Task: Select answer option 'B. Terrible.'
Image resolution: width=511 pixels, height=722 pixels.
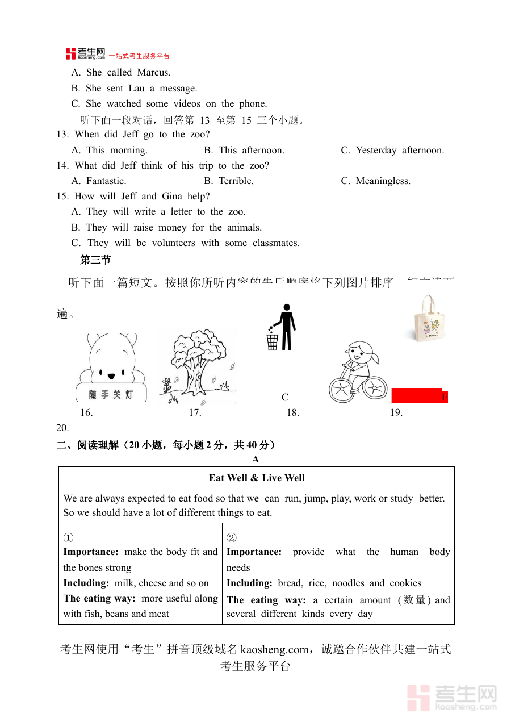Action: [x=228, y=181]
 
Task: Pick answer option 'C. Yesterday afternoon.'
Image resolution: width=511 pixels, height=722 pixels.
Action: [x=392, y=150]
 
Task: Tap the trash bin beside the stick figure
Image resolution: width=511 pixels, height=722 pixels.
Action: [x=273, y=341]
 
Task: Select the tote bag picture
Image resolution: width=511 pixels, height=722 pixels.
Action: [x=429, y=319]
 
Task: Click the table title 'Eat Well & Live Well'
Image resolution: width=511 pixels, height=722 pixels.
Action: [x=257, y=478]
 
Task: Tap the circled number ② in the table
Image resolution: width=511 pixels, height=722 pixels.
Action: [x=231, y=537]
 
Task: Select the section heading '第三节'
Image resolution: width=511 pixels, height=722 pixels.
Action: [x=95, y=260]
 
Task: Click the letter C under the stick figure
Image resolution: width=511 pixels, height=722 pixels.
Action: [x=285, y=397]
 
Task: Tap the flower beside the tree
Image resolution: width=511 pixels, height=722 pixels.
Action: [x=166, y=383]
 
